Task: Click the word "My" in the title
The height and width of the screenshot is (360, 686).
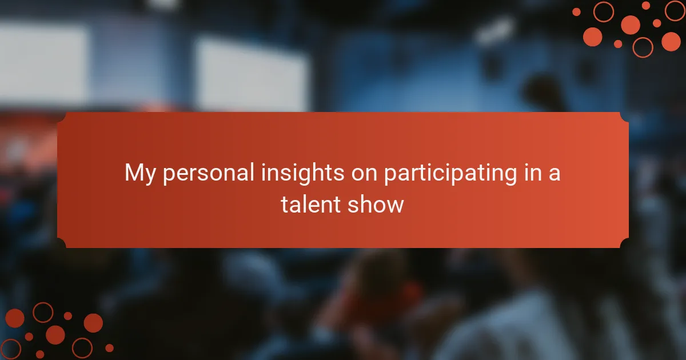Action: (139, 174)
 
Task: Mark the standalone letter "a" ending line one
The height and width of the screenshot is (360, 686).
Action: (555, 175)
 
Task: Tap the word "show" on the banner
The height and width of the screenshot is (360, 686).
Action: (376, 205)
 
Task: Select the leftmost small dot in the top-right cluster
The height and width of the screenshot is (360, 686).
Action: (576, 12)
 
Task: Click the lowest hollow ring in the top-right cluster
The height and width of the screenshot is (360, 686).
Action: (643, 47)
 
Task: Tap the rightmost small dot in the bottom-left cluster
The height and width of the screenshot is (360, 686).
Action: (109, 348)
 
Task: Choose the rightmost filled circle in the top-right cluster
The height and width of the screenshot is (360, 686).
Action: (671, 41)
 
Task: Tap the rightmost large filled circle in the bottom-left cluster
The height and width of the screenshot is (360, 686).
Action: (93, 323)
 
